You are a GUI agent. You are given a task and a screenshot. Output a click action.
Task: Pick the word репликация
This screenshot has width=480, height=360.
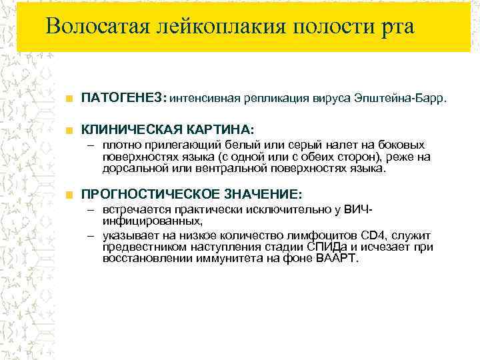pos(275,99)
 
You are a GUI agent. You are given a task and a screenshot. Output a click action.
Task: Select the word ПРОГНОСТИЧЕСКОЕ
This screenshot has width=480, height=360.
pos(147,194)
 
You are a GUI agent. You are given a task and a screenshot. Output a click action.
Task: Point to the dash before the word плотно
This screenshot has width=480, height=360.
pos(93,145)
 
